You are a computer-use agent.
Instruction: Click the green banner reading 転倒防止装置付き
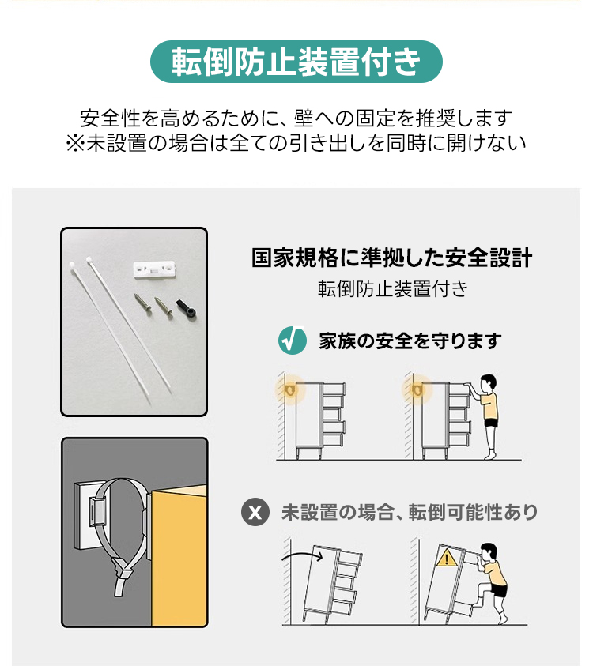point(296,62)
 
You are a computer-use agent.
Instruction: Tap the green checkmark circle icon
point(292,341)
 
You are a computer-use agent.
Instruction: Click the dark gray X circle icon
point(255,512)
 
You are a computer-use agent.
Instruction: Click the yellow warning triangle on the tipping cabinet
point(446,558)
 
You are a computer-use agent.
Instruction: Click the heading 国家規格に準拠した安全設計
point(391,258)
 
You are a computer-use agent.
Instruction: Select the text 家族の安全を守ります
point(410,341)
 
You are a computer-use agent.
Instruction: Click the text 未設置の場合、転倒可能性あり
point(410,512)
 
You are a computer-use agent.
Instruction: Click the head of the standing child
point(488,383)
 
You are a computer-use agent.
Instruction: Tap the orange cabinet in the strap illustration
point(179,555)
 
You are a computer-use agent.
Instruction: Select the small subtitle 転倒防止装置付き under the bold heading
point(392,289)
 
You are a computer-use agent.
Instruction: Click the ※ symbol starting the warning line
point(76,143)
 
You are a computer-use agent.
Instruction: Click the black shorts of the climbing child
point(499,590)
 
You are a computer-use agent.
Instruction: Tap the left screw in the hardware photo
point(142,304)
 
